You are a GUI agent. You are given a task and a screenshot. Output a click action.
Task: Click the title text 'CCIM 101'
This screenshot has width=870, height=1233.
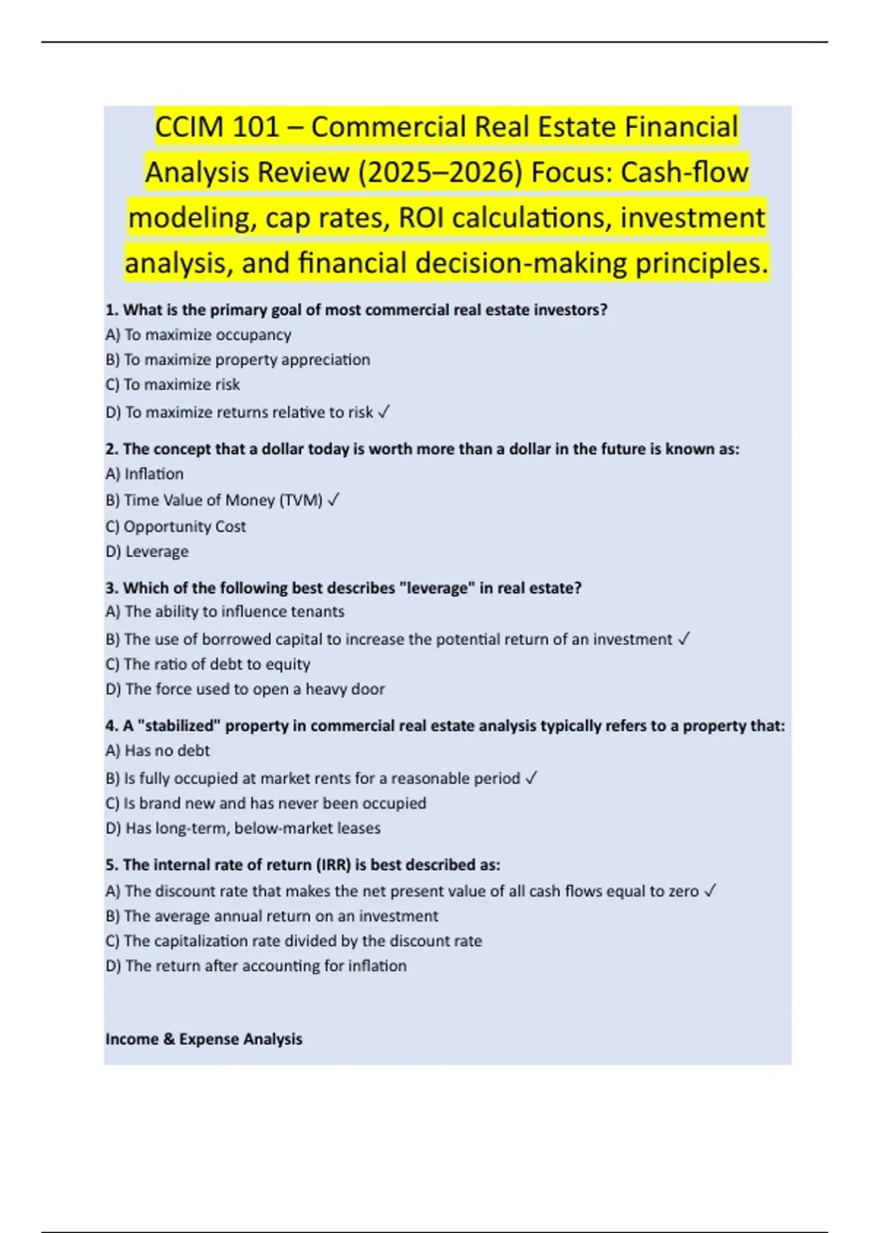pos(217,128)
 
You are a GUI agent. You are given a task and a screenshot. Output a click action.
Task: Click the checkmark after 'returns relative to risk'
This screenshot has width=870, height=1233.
pos(384,412)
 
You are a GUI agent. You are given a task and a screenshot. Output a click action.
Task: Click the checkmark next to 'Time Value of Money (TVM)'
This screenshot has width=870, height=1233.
pos(334,500)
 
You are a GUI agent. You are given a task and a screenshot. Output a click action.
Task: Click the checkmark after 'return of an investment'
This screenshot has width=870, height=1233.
pos(683,639)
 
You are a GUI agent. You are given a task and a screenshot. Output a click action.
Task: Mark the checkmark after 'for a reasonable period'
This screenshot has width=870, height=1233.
pos(531,778)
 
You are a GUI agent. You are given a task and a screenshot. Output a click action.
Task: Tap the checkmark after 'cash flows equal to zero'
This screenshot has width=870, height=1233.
pos(710,891)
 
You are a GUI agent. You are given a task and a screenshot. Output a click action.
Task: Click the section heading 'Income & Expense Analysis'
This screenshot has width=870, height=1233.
pos(204,1039)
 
